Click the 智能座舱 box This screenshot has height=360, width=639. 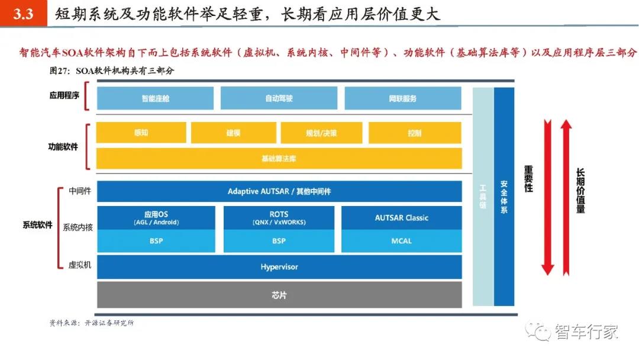tap(155, 98)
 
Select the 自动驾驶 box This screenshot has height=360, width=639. tap(279, 98)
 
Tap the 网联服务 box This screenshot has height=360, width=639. tap(402, 98)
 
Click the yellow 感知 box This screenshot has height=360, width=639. tap(141, 133)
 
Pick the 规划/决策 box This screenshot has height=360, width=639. tap(321, 133)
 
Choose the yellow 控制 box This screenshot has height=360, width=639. tap(415, 133)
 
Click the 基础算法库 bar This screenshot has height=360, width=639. tap(279, 159)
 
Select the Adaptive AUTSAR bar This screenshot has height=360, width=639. tap(279, 191)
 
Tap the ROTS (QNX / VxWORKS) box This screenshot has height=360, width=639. tap(279, 218)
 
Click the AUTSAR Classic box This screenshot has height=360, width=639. tap(402, 218)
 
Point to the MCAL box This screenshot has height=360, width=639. tap(402, 241)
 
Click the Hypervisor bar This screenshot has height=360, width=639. tap(279, 267)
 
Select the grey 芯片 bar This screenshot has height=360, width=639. tap(279, 295)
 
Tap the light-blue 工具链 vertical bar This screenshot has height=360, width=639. tap(482, 195)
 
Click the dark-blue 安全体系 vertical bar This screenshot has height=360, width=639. tap(504, 195)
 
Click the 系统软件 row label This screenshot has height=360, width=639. tap(37, 225)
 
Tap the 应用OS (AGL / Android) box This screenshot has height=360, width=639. tap(156, 218)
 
